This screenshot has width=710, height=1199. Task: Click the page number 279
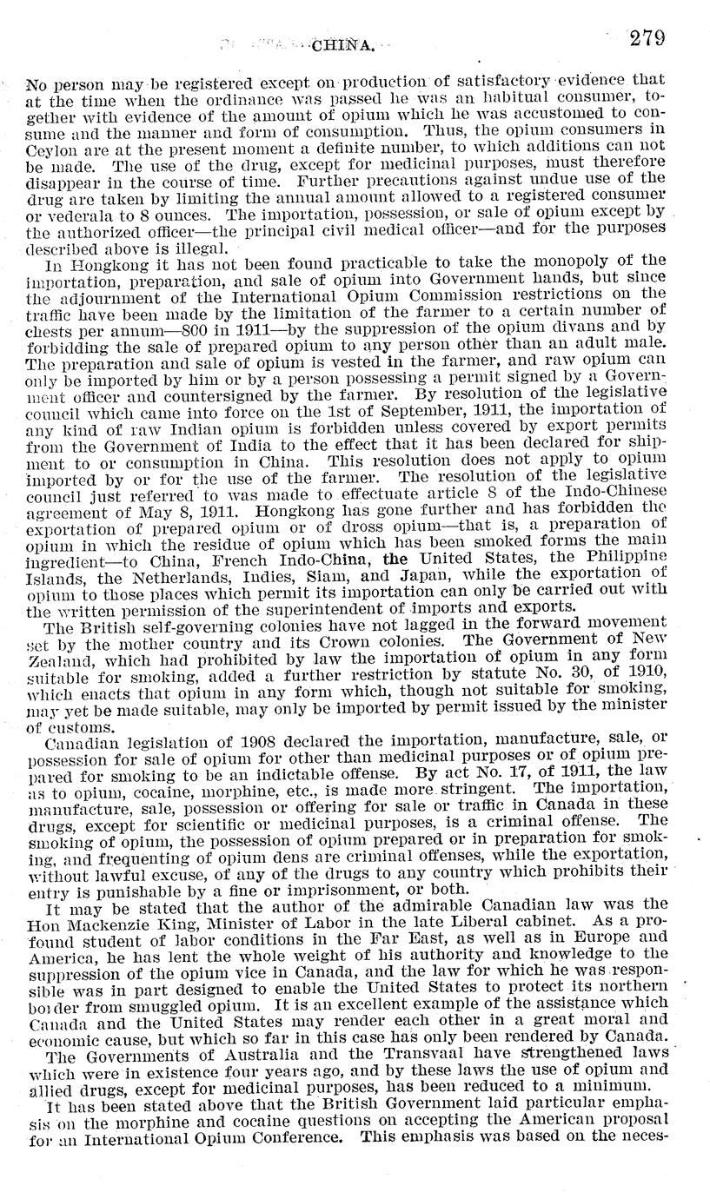pos(648,37)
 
